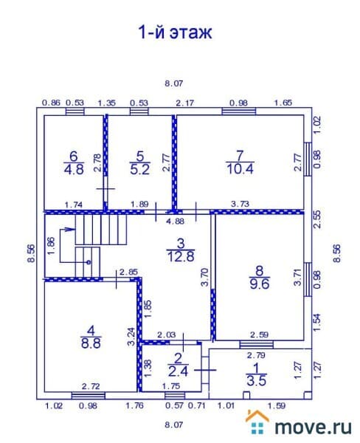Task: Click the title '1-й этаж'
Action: click(x=175, y=32)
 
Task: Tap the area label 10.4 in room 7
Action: click(x=240, y=169)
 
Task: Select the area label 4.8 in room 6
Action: click(x=74, y=170)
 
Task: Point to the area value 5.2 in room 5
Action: click(x=139, y=170)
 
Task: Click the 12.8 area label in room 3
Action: click(x=181, y=256)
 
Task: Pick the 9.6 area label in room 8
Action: click(x=260, y=284)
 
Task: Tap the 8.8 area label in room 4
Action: click(x=91, y=343)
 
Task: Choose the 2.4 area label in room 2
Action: click(x=178, y=371)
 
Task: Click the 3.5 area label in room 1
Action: click(x=257, y=380)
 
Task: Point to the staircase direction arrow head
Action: click(x=71, y=229)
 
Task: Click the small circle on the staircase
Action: click(x=89, y=262)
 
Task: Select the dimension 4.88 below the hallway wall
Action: click(x=175, y=221)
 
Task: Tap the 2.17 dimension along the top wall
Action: click(x=185, y=103)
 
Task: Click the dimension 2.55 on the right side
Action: click(x=317, y=219)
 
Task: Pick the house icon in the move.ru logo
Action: click(x=257, y=422)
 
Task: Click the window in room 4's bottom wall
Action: click(x=89, y=396)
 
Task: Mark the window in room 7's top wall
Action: click(x=239, y=111)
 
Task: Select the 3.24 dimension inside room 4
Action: click(x=131, y=337)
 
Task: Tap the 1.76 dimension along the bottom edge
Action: click(x=135, y=405)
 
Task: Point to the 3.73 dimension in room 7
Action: click(x=240, y=204)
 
